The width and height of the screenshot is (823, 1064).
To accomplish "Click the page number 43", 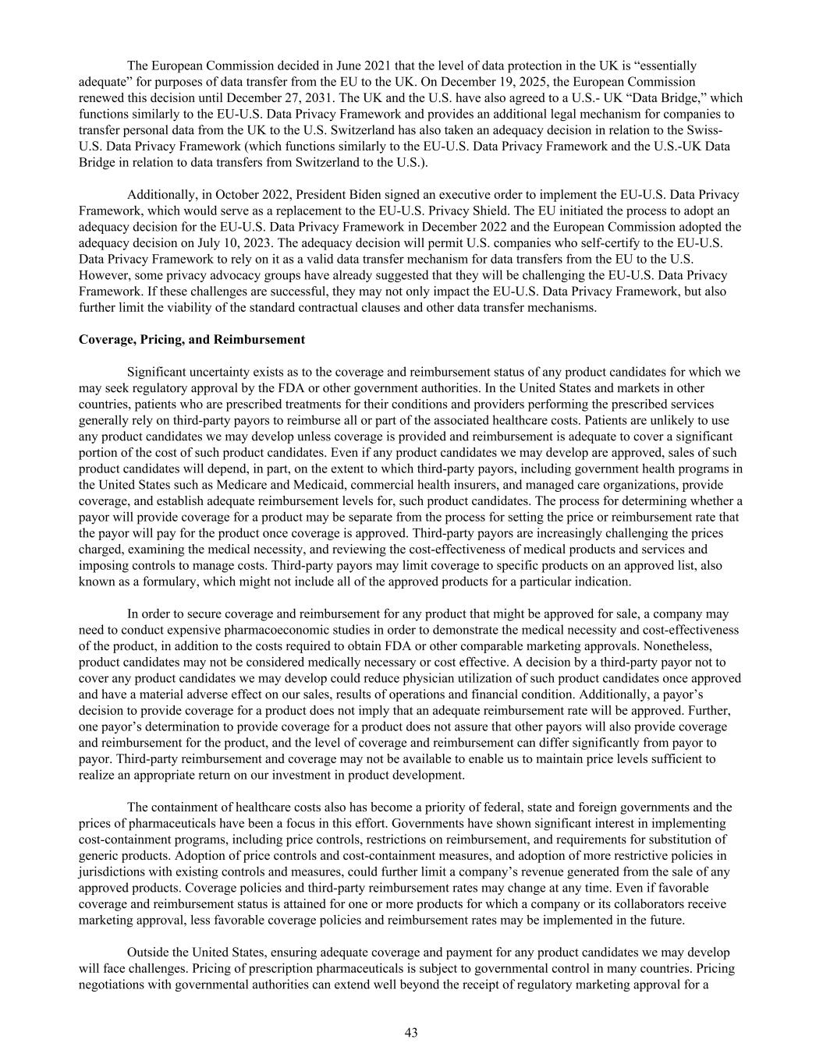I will pyautogui.click(x=411, y=1033).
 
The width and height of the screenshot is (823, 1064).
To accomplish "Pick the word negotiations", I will pyautogui.click(x=111, y=984).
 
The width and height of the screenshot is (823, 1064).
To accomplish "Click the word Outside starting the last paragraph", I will pyautogui.click(x=147, y=953).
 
